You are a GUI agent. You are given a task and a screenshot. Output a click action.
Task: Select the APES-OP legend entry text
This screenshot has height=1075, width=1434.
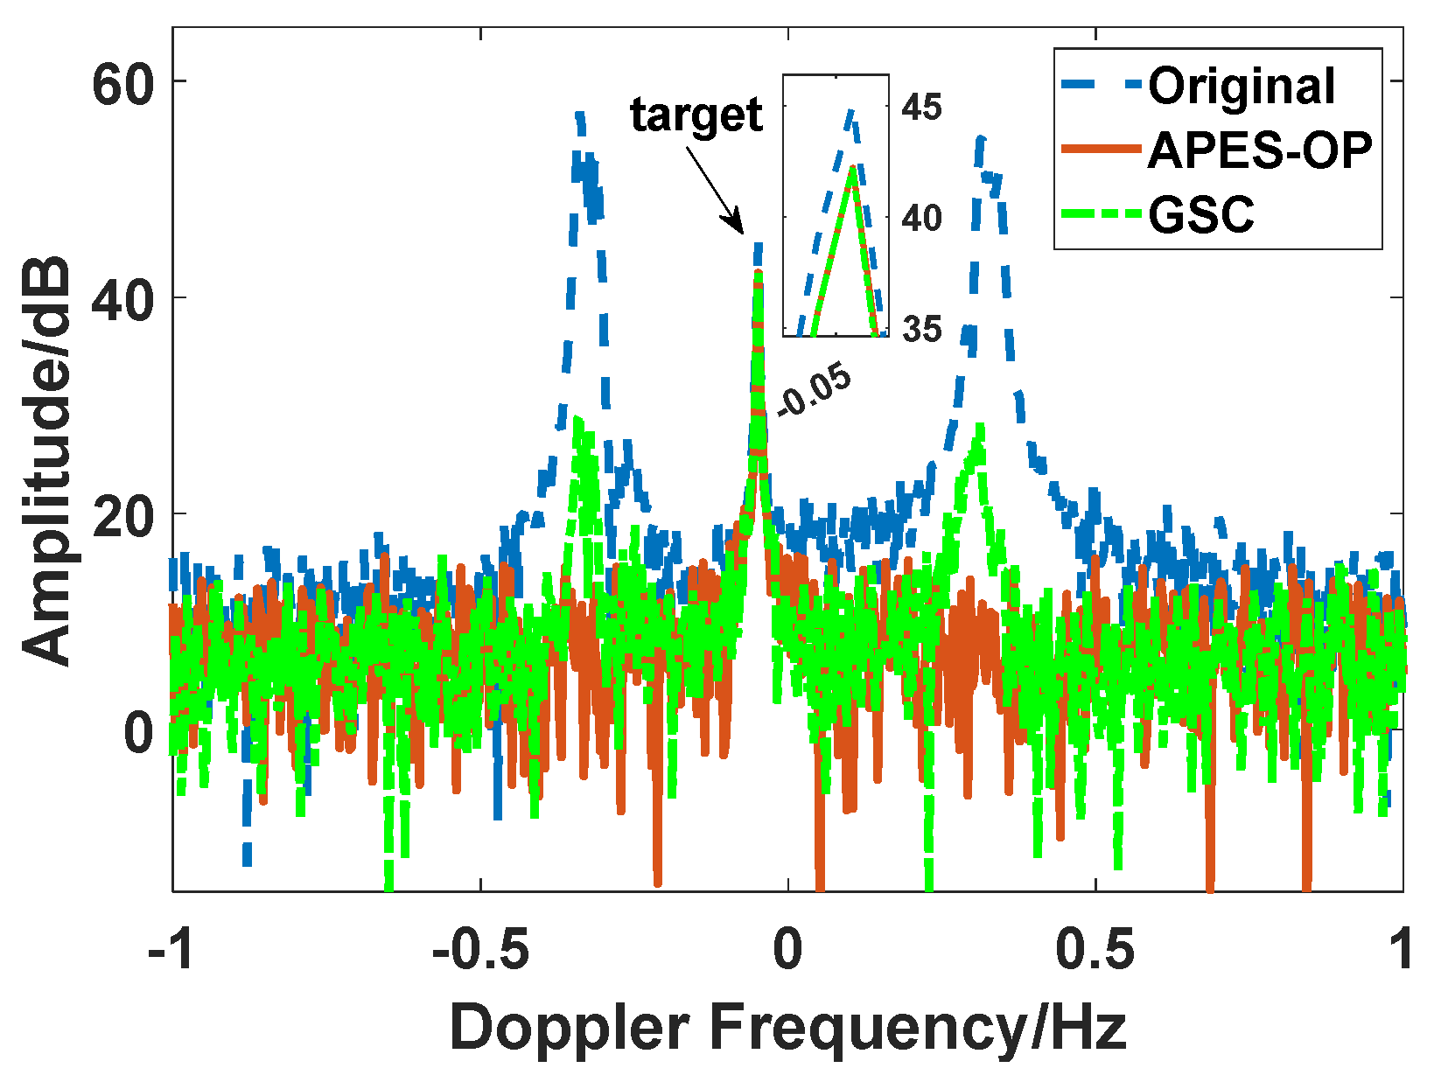pos(1259,150)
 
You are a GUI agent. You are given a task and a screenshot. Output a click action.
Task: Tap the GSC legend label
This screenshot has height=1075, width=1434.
pos(1200,214)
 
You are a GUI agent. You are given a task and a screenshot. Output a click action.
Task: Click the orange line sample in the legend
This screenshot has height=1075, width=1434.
pos(1101,150)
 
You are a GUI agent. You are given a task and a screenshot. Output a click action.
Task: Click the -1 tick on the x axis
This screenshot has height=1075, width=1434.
pos(171,950)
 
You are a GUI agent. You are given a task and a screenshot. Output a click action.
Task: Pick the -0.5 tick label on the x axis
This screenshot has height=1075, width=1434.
pos(479,950)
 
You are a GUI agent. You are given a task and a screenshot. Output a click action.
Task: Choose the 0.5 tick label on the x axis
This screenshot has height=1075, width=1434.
pos(1095,950)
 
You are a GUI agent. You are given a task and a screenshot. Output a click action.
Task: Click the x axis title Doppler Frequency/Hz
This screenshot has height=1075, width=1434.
pos(787,1027)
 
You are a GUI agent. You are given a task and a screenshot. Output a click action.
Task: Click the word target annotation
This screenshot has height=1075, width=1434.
pos(696,115)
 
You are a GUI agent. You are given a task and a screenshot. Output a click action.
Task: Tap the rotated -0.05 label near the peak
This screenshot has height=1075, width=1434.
pos(814,390)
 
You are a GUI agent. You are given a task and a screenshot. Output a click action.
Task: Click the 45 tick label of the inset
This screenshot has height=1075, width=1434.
pos(921,108)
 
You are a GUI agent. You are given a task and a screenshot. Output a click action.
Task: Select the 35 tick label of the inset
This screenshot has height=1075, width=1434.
pos(921,330)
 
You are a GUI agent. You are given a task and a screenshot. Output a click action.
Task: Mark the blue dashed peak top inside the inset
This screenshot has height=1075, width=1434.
pos(850,110)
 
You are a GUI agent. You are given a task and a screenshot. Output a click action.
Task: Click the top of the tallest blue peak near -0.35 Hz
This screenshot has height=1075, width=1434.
pos(578,114)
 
